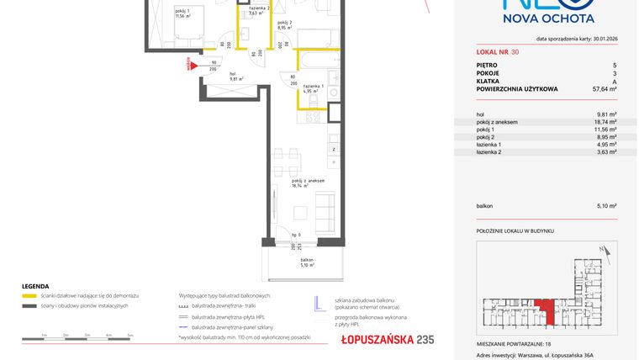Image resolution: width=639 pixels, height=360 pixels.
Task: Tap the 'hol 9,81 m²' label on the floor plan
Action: [232, 77]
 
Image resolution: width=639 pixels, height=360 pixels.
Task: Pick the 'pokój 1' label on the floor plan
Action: [182, 13]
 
